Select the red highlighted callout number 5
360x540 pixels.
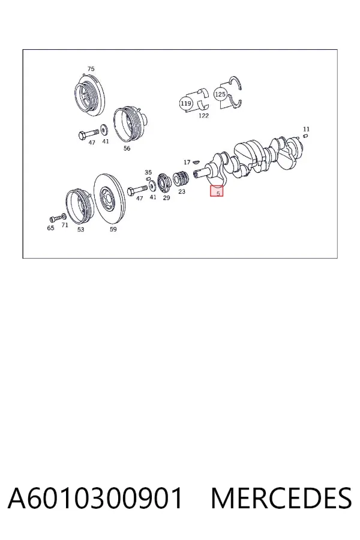[217, 191]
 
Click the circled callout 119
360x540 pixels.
[185, 103]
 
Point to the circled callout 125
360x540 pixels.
[220, 94]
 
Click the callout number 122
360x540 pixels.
[203, 116]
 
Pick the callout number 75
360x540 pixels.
[91, 69]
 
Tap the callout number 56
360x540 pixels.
[127, 148]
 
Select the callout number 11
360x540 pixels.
[306, 129]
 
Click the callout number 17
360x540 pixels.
[187, 162]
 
